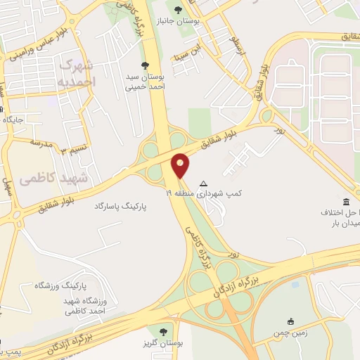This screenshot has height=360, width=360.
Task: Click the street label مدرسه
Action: coord(41,143)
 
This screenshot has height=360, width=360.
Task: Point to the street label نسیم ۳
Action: coord(72,149)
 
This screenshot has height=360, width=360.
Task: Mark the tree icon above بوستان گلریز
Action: coord(163,330)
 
